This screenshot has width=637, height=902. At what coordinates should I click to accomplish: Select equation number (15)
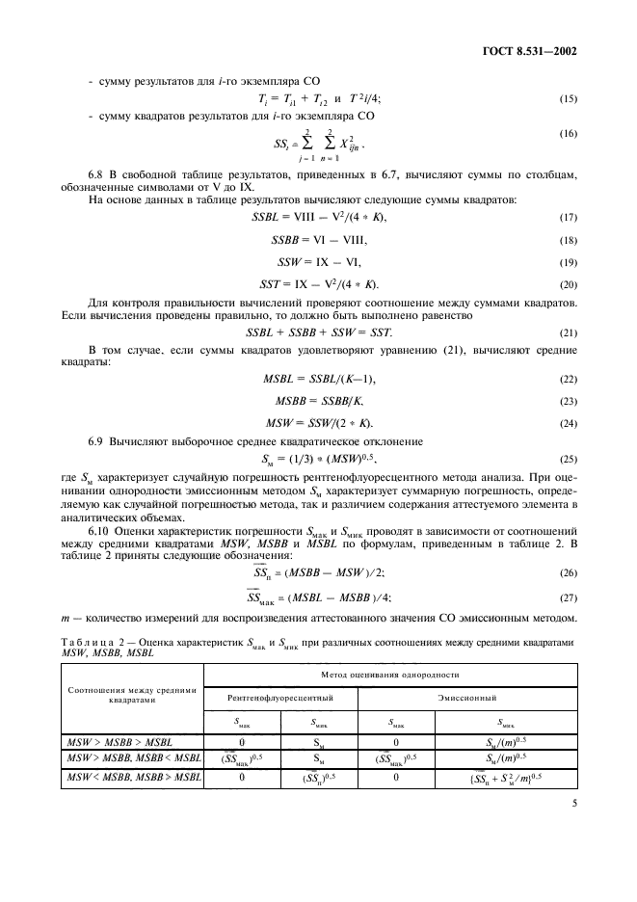[568, 99]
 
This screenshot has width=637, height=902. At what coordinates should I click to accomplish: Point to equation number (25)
[568, 459]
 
